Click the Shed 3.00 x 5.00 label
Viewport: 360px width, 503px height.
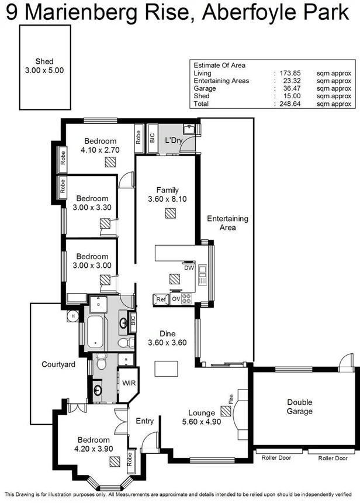pos(46,65)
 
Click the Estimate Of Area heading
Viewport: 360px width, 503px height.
pos(220,66)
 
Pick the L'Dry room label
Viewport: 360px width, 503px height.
pos(174,141)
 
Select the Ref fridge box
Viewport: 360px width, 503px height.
pos(161,299)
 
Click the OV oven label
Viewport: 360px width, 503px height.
pos(175,299)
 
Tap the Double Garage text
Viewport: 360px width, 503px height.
pos(299,406)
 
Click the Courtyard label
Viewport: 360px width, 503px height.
pos(58,364)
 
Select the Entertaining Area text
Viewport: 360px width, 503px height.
pos(228,223)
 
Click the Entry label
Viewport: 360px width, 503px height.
pos(144,421)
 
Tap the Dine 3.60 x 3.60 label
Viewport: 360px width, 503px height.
pos(167,339)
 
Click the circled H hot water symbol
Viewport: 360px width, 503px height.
pos(73,315)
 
